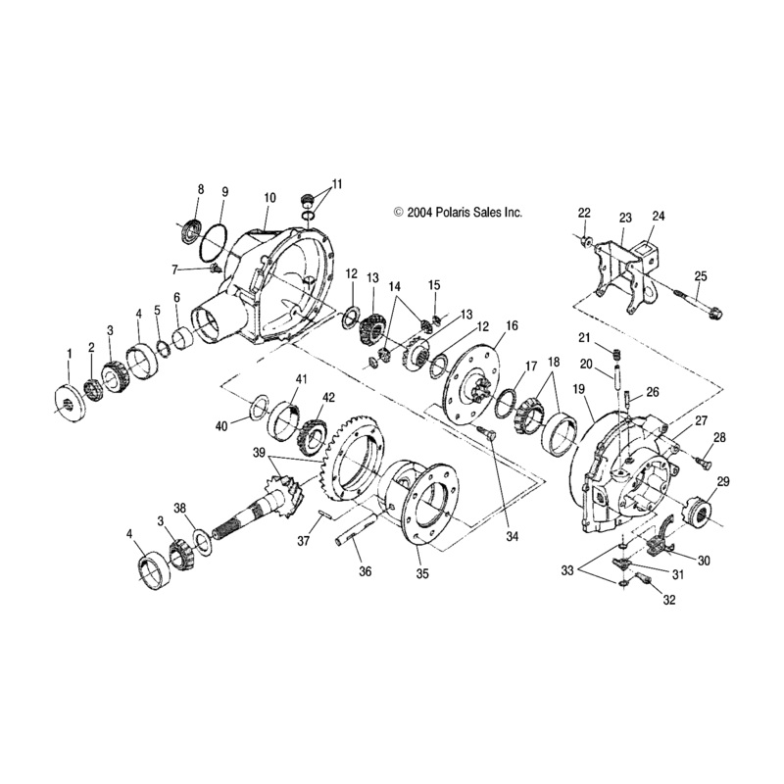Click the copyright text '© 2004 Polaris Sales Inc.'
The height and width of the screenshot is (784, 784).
[x=458, y=212]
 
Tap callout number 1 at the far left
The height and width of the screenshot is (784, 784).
[x=69, y=352]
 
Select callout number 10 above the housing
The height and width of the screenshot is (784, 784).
[x=269, y=198]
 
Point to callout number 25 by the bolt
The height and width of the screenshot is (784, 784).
[x=700, y=275]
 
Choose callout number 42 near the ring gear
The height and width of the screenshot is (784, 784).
[x=329, y=397]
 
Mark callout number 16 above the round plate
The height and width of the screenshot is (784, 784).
[x=512, y=325]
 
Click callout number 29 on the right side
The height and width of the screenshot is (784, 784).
[x=723, y=480]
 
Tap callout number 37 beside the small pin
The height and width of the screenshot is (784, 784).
[x=305, y=541]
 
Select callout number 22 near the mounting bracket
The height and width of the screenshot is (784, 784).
[x=584, y=213]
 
